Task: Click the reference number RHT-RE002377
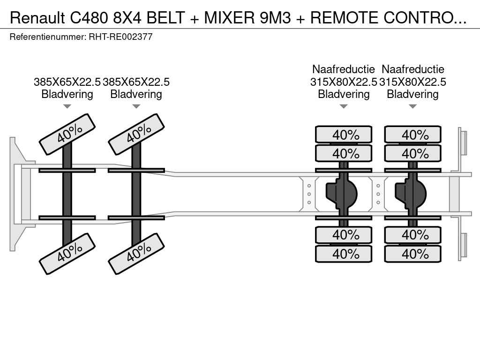click(120, 37)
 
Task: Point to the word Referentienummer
click(48, 37)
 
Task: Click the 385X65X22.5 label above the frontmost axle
click(67, 82)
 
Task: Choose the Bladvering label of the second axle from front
click(136, 94)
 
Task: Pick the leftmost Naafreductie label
click(344, 69)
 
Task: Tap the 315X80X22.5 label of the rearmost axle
click(412, 82)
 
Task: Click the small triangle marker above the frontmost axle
click(67, 106)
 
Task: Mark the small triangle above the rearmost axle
click(412, 106)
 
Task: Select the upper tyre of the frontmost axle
click(67, 134)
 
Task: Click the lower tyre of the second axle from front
click(136, 254)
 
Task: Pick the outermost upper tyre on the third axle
click(344, 135)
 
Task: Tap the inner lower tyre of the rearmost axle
click(412, 234)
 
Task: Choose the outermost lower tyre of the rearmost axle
click(412, 254)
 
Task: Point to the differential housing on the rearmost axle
click(411, 192)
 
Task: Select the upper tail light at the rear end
click(464, 143)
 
